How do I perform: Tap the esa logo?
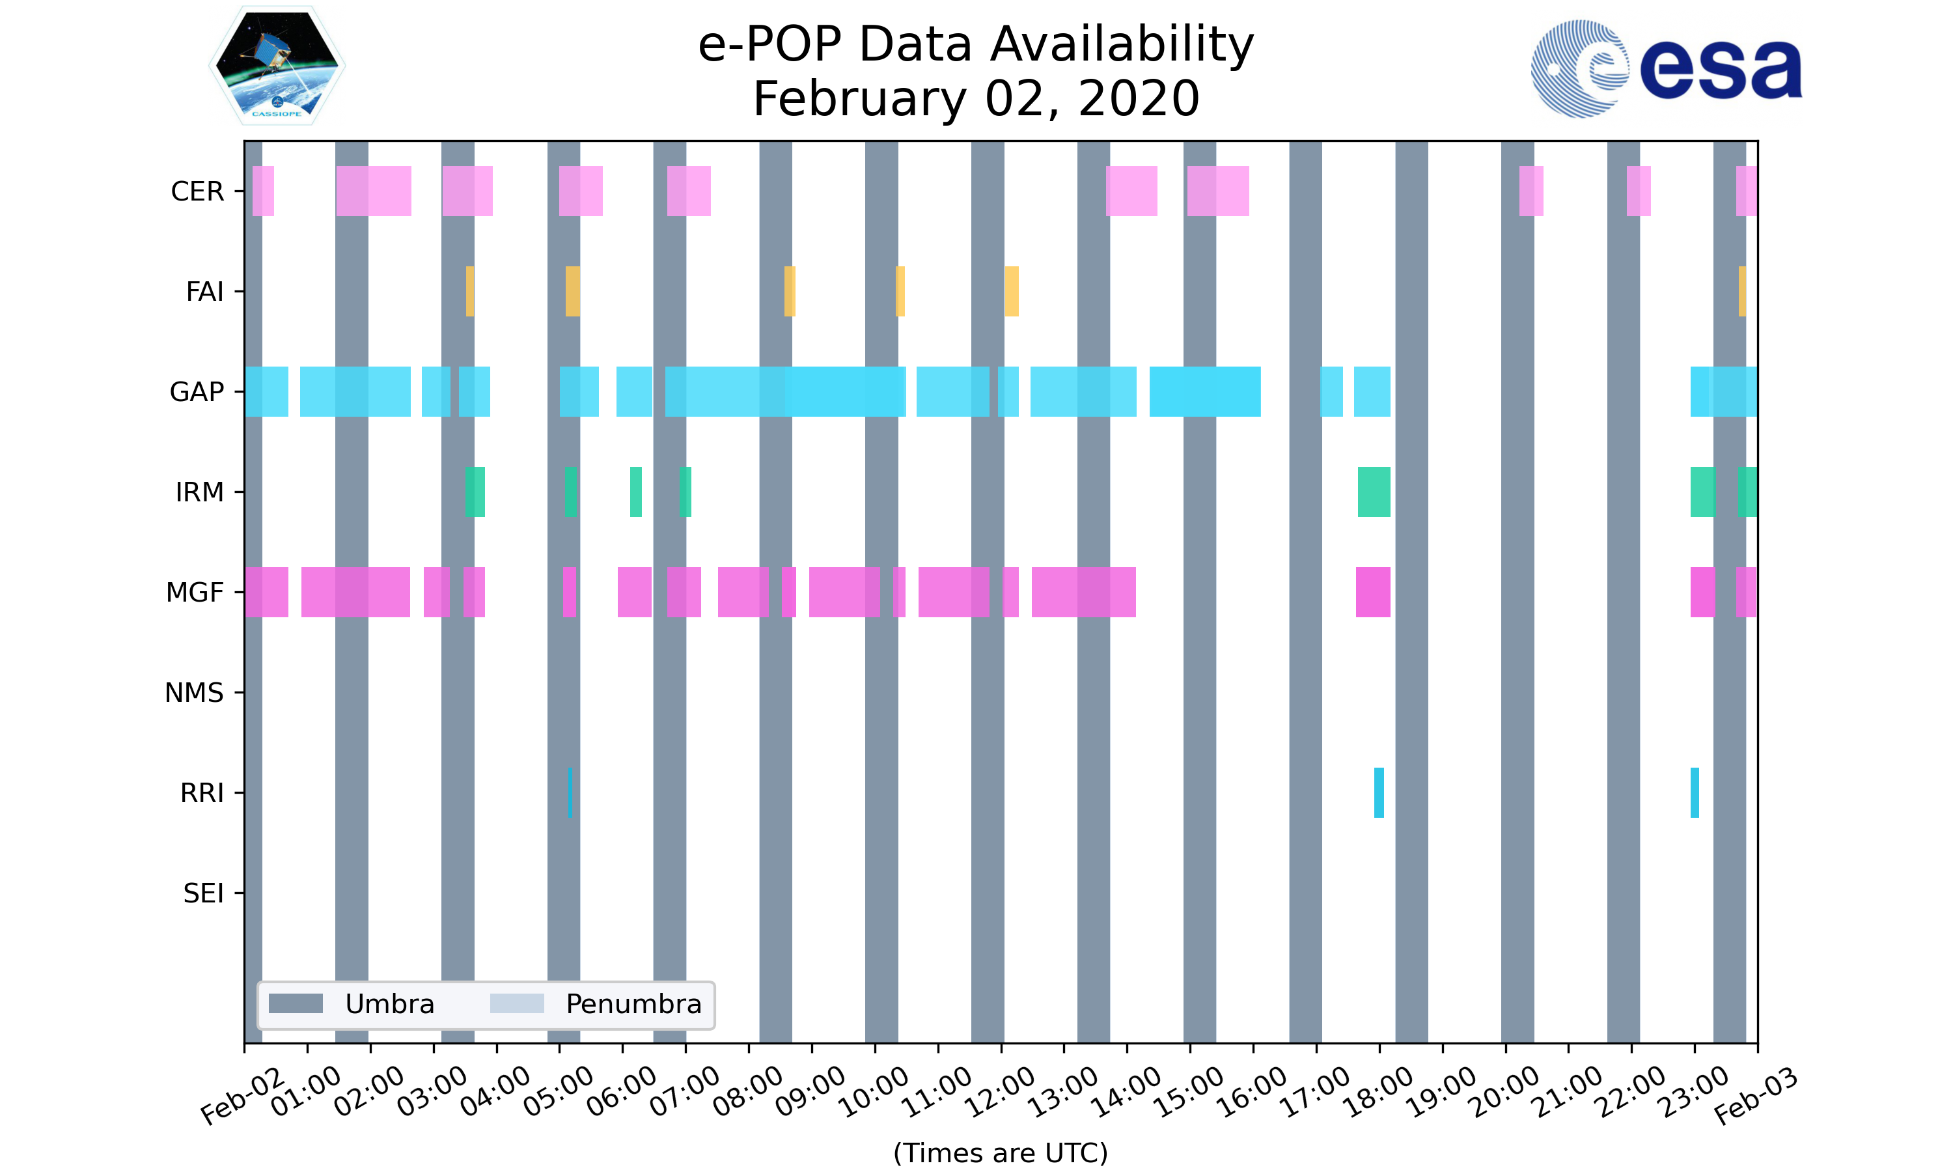pyautogui.click(x=1666, y=69)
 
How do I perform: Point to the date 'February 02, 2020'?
pyautogui.click(x=976, y=99)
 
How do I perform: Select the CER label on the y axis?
pyautogui.click(x=197, y=191)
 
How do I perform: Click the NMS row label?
pyautogui.click(x=194, y=693)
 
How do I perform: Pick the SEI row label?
pyautogui.click(x=204, y=893)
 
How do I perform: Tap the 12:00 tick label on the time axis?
pyautogui.click(x=1000, y=1091)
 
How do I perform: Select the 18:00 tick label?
pyautogui.click(x=1378, y=1091)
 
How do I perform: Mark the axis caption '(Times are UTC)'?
pyautogui.click(x=1000, y=1153)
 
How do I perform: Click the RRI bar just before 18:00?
pyautogui.click(x=1379, y=792)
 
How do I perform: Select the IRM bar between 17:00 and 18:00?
pyautogui.click(x=1374, y=492)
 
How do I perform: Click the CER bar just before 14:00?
pyautogui.click(x=1132, y=191)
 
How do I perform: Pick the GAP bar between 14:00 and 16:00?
pyautogui.click(x=1204, y=392)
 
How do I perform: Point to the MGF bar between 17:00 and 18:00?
pyautogui.click(x=1374, y=593)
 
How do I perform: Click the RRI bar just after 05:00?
pyautogui.click(x=570, y=792)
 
